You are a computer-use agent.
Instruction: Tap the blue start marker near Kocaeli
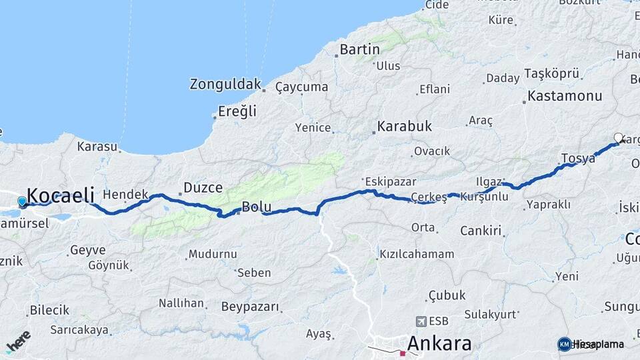click(22, 201)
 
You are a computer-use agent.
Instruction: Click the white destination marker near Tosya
click(618, 138)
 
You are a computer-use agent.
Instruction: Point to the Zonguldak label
click(225, 85)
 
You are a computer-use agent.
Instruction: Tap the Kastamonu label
click(564, 97)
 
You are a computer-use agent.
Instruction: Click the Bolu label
click(256, 207)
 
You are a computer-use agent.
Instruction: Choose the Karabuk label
click(404, 126)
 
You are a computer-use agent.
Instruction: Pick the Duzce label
click(203, 188)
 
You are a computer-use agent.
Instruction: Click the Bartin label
click(359, 49)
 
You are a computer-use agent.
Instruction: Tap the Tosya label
click(577, 158)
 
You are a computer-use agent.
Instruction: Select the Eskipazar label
click(390, 181)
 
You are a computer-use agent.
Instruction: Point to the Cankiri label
click(480, 231)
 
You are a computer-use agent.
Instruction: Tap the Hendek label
click(125, 194)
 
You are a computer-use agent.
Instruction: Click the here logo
click(18, 341)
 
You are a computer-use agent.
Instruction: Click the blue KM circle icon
click(565, 344)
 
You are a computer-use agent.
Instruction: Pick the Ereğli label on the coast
click(237, 111)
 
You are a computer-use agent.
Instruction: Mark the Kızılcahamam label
click(417, 254)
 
